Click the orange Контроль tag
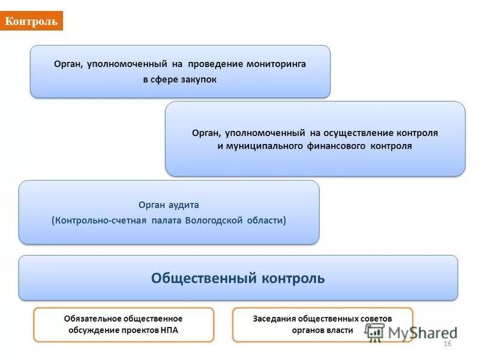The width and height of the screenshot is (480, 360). (x=31, y=22)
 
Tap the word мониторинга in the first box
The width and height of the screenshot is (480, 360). (x=275, y=64)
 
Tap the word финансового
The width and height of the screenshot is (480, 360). (x=338, y=146)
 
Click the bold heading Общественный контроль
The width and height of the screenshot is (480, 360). (x=238, y=278)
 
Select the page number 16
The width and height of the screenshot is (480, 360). (x=446, y=343)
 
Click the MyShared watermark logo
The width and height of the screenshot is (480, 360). (x=411, y=332)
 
